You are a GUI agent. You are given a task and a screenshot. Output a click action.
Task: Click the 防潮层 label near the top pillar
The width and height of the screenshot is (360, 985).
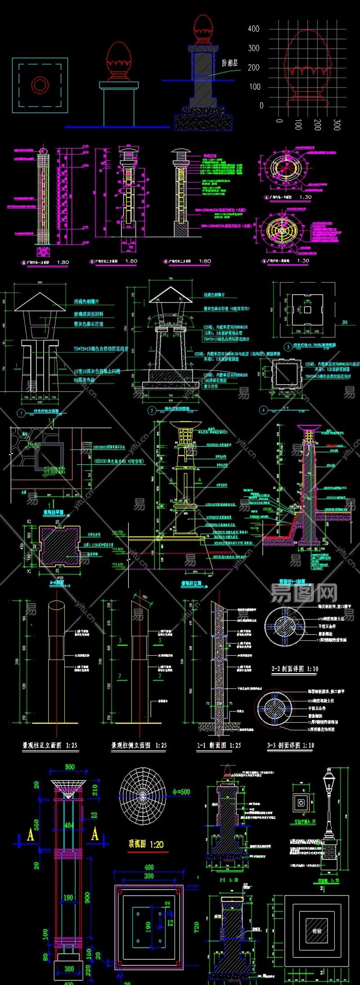pos(229,63)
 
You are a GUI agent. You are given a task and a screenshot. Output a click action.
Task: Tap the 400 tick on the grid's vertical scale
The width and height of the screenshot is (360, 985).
pos(254,29)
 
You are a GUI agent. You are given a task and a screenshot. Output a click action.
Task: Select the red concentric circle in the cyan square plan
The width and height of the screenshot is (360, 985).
pos(40,85)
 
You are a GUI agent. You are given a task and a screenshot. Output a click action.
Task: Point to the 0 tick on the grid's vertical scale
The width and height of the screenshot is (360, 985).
pos(261,106)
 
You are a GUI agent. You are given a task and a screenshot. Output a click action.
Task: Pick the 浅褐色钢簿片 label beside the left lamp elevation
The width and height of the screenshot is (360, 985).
pos(86,301)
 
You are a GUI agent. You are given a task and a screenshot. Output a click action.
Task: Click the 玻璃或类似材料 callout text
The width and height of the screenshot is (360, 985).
pos(89,314)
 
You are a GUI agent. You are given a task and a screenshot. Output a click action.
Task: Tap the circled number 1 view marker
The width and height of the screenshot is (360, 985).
pos(21,413)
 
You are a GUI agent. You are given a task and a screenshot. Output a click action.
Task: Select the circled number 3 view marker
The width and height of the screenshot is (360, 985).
pos(288,346)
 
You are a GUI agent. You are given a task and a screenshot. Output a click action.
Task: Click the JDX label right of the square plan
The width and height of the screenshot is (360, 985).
pos(345,322)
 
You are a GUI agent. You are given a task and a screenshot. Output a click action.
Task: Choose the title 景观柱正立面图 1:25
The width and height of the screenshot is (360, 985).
pos(49,745)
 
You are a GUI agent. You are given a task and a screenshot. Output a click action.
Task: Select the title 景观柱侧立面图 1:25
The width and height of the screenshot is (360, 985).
pos(139,745)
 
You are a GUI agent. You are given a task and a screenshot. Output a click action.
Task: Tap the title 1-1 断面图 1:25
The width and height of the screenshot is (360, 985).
pos(219,745)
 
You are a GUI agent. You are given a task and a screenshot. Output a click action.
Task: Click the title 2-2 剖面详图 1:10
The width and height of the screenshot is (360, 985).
pos(295,669)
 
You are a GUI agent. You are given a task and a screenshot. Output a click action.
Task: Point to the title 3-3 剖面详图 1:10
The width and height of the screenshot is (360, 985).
pos(290,745)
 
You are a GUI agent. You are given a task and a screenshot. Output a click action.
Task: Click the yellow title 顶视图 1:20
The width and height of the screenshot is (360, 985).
pos(146,844)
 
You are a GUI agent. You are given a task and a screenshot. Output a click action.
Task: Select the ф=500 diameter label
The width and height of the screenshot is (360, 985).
pos(181,792)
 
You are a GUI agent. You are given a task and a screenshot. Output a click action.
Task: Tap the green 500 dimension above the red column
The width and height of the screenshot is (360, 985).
pos(70,767)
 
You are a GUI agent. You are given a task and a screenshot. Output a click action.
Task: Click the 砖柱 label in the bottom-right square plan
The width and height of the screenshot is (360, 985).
pos(317,931)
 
